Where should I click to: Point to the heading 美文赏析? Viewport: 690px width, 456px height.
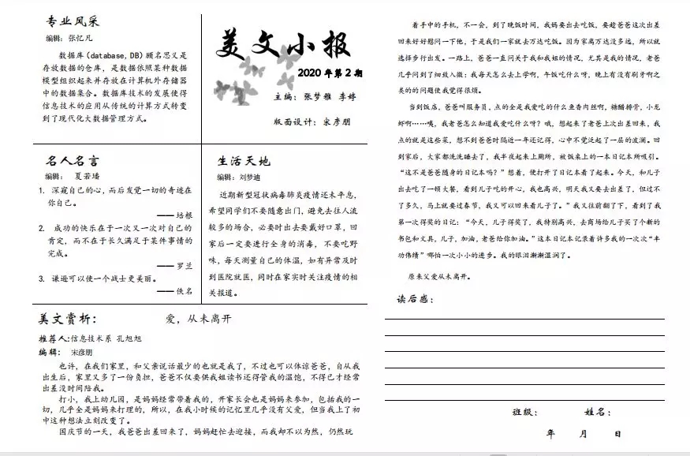67,319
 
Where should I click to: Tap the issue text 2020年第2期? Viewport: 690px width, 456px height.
330,73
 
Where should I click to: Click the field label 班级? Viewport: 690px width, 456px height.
525,412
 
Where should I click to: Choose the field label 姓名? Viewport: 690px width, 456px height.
597,412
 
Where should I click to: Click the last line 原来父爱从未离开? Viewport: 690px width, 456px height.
438,277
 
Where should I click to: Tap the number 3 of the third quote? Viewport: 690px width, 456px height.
41,278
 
